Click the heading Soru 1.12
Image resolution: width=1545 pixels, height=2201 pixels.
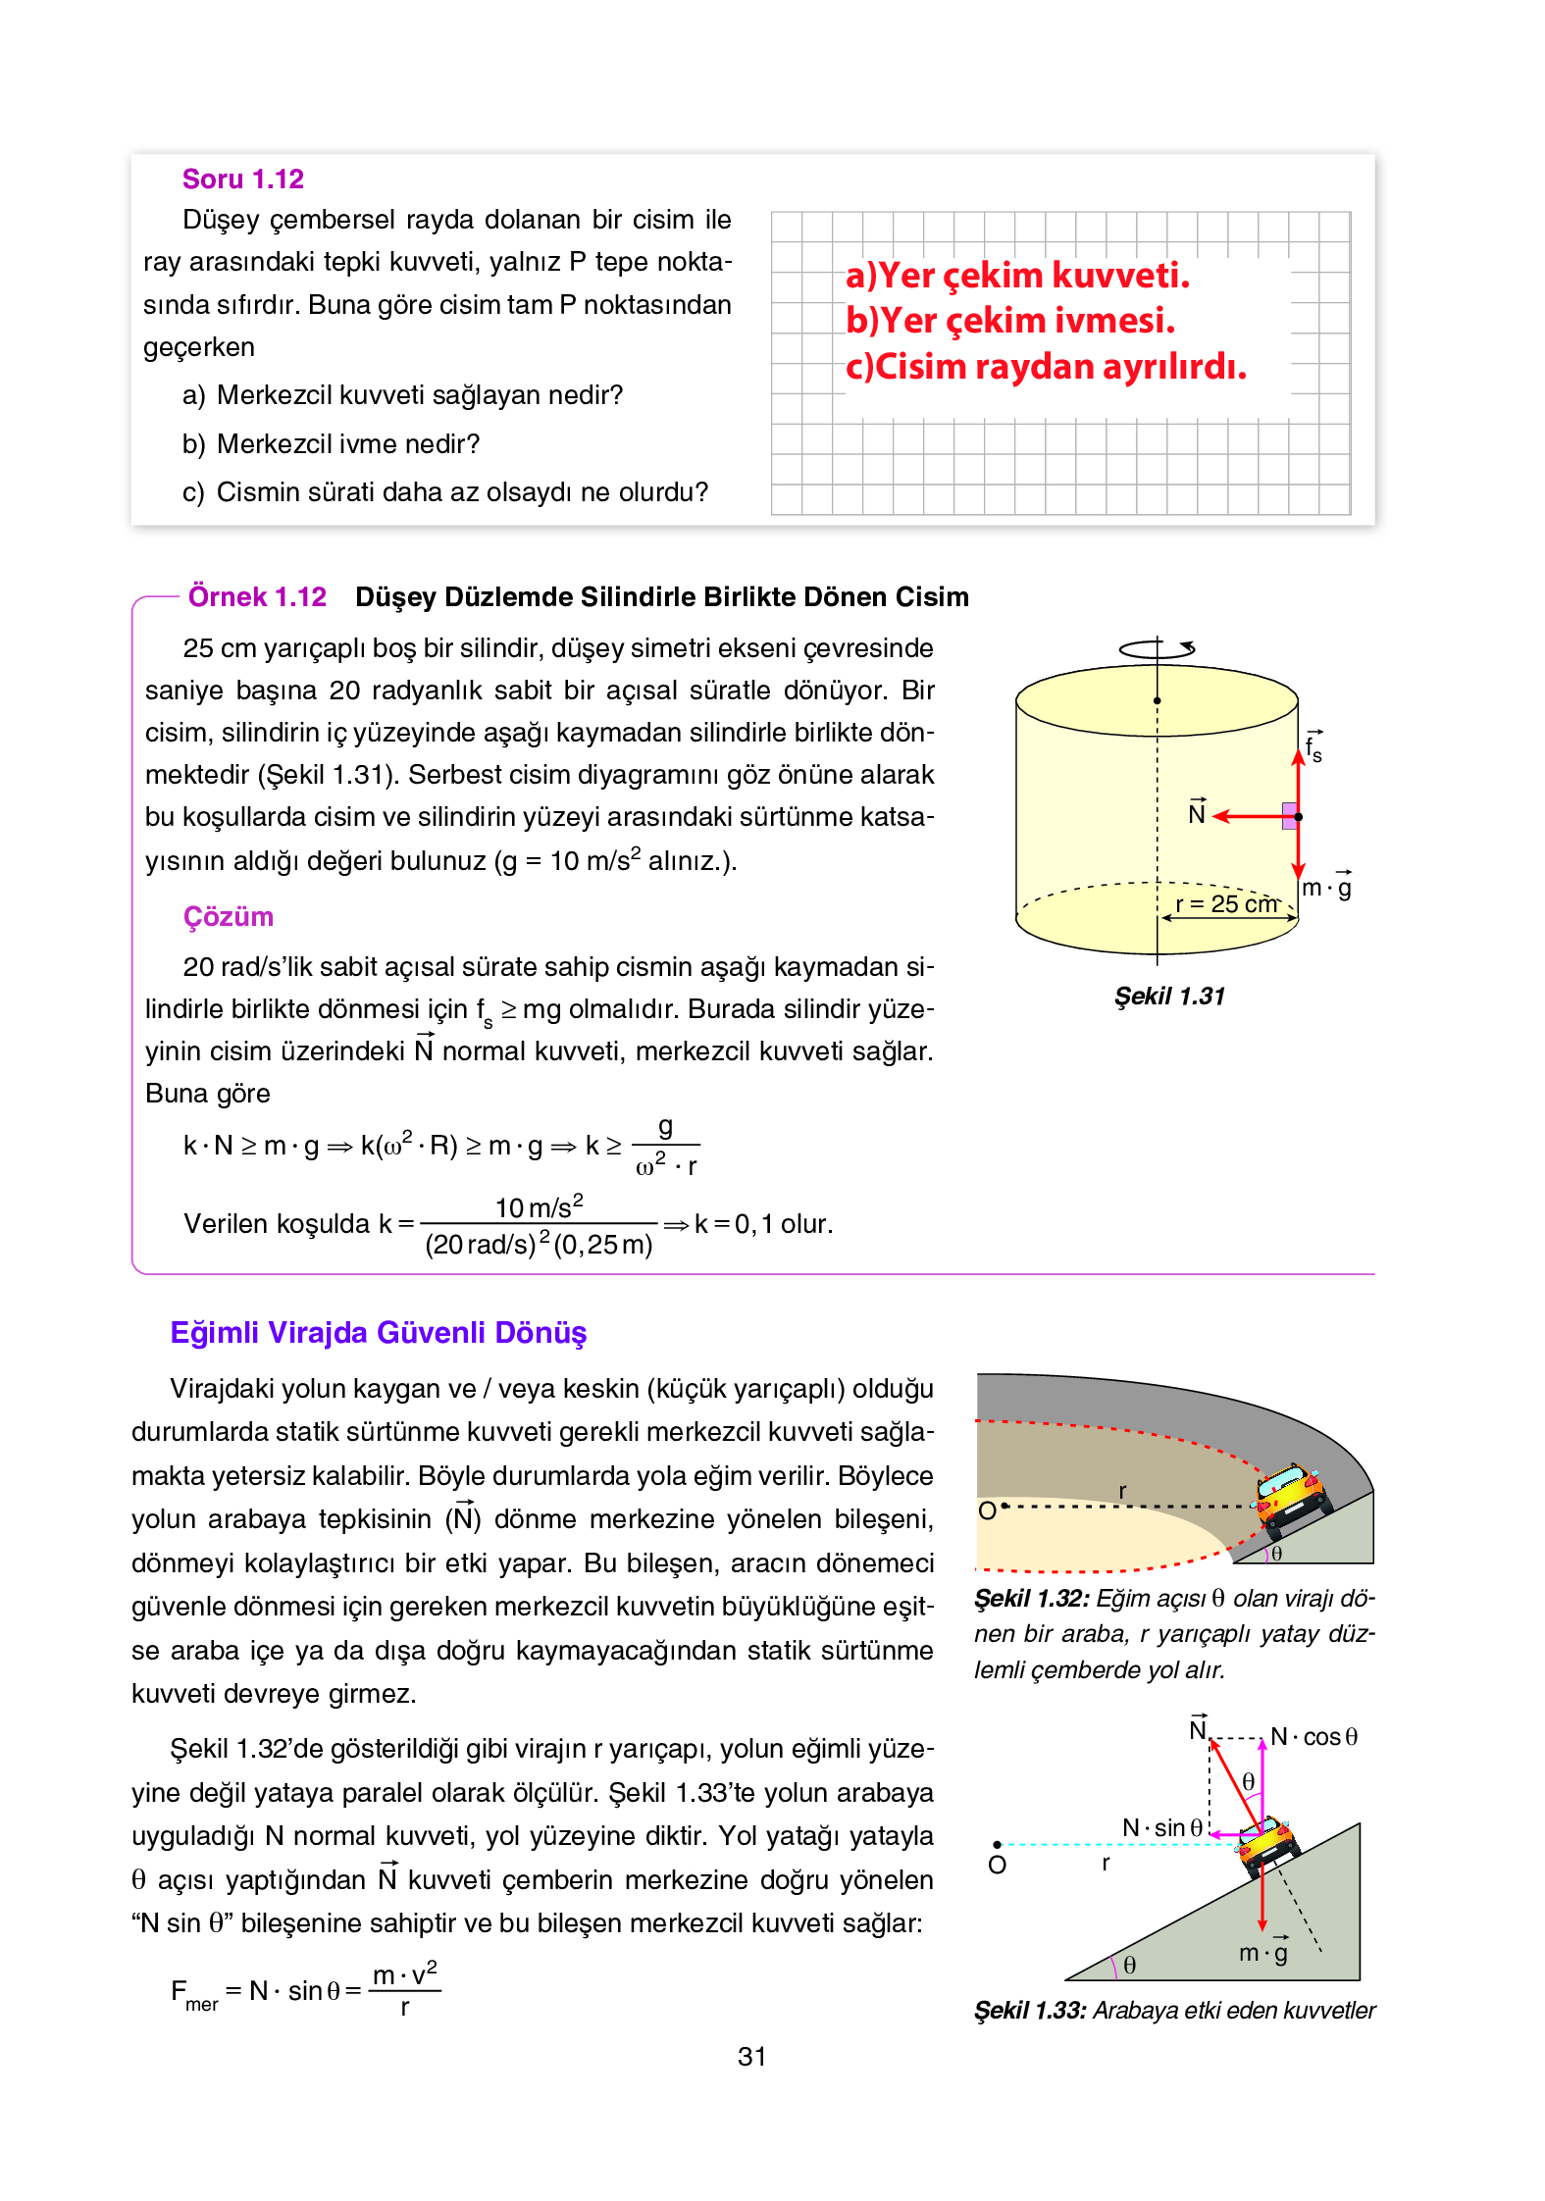point(242,179)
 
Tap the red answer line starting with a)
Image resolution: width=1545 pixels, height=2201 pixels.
point(1017,276)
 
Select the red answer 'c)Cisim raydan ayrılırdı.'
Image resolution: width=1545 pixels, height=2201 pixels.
point(1046,367)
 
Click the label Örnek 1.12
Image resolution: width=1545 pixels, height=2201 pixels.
point(257,596)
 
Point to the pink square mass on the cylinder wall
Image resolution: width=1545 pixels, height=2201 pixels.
point(1290,815)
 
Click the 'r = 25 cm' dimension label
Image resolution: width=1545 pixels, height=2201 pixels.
point(1226,903)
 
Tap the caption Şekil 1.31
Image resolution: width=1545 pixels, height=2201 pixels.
point(1169,997)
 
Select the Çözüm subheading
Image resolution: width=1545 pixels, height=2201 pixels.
point(228,916)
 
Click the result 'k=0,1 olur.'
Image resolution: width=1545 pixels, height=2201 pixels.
point(763,1224)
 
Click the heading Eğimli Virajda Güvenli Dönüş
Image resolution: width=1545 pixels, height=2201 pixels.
point(378,1332)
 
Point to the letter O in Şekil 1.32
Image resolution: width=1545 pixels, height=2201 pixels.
point(987,1510)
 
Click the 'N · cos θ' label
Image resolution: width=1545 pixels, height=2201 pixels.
point(1313,1737)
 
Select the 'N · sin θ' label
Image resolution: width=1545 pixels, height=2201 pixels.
point(1162,1828)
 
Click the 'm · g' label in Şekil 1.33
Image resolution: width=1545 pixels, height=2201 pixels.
point(1263,1953)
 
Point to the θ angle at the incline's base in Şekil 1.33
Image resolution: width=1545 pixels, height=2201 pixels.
point(1129,1965)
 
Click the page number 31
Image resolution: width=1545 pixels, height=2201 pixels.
point(751,2057)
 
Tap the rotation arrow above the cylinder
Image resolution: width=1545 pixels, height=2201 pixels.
point(1158,648)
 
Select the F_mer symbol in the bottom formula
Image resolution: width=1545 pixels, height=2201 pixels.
point(192,1993)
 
